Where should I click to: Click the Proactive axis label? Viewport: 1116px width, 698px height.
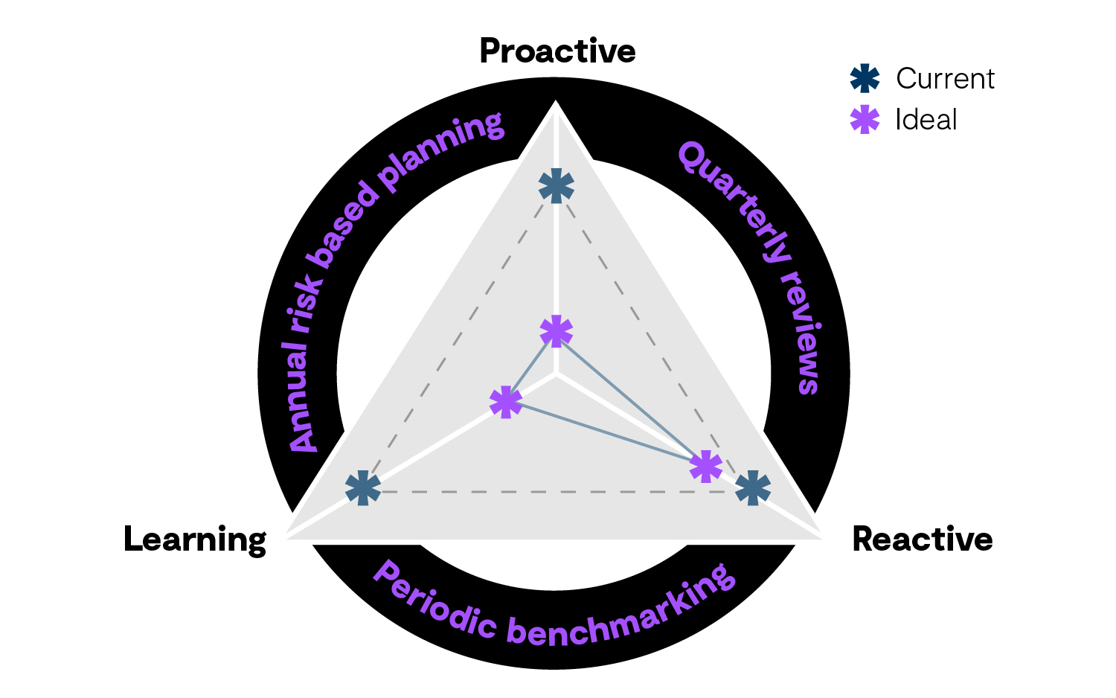pyautogui.click(x=557, y=51)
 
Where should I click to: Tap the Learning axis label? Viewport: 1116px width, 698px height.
pyautogui.click(x=195, y=539)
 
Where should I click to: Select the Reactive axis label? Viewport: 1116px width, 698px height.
pyautogui.click(x=922, y=539)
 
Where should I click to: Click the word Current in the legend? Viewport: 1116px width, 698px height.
pyautogui.click(x=945, y=79)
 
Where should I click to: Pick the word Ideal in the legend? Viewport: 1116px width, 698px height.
pyautogui.click(x=926, y=120)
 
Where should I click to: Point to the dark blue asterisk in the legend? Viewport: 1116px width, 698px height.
pyautogui.click(x=865, y=78)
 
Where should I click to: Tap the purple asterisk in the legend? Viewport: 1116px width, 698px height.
pyautogui.click(x=865, y=120)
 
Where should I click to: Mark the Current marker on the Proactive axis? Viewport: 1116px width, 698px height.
pyautogui.click(x=557, y=186)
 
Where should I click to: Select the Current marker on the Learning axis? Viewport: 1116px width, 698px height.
pyautogui.click(x=363, y=488)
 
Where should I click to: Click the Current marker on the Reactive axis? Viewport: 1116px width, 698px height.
pyautogui.click(x=752, y=488)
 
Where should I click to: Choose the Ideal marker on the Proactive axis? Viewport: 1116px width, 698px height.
pyautogui.click(x=557, y=331)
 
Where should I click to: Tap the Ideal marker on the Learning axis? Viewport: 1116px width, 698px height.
pyautogui.click(x=506, y=403)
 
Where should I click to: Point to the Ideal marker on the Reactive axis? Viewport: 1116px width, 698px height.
pyautogui.click(x=705, y=467)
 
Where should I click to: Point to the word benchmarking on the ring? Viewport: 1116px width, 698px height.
pyautogui.click(x=625, y=615)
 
